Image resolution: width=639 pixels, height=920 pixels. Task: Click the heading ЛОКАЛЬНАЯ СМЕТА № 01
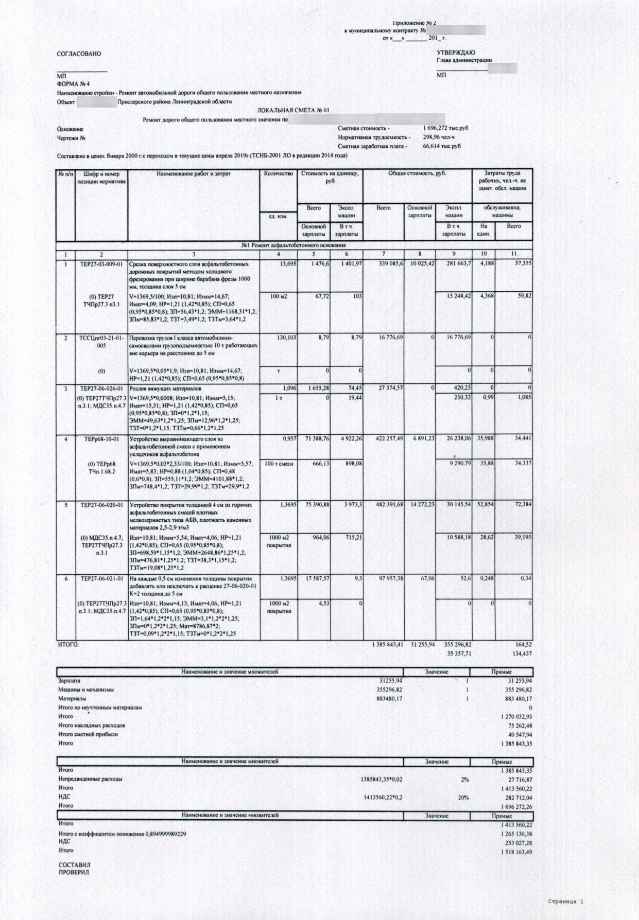pyautogui.click(x=292, y=111)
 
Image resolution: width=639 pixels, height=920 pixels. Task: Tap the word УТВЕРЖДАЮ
pyautogui.click(x=456, y=52)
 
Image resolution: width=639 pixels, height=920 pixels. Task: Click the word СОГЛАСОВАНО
pyautogui.click(x=79, y=54)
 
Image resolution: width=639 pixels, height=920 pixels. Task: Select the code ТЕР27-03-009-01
pyautogui.click(x=101, y=263)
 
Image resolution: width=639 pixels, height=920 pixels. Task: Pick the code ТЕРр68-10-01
pyautogui.click(x=101, y=439)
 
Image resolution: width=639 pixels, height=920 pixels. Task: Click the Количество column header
pyautogui.click(x=278, y=174)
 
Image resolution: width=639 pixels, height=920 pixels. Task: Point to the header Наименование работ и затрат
pyautogui.click(x=194, y=174)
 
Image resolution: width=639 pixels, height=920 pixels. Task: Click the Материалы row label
pyautogui.click(x=72, y=699)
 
